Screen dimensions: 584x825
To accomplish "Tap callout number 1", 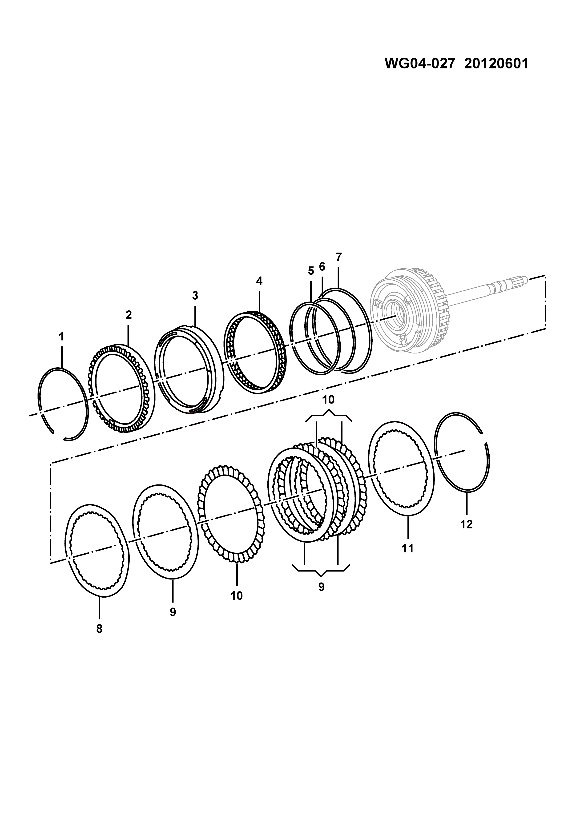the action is pos(61,337).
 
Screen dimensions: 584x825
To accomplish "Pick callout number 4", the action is pos(259,281).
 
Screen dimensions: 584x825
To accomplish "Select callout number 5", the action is pos(311,271).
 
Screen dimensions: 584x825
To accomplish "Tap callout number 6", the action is pos(322,267).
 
